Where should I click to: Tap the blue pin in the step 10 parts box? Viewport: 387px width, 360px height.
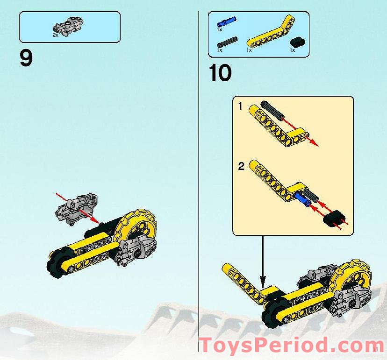[226, 21]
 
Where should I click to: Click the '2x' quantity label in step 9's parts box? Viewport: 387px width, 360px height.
[55, 35]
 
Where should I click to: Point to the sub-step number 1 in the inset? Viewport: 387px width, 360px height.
[240, 106]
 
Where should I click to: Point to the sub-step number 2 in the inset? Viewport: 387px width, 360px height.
[241, 166]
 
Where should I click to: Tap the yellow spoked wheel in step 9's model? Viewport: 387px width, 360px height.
[139, 226]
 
